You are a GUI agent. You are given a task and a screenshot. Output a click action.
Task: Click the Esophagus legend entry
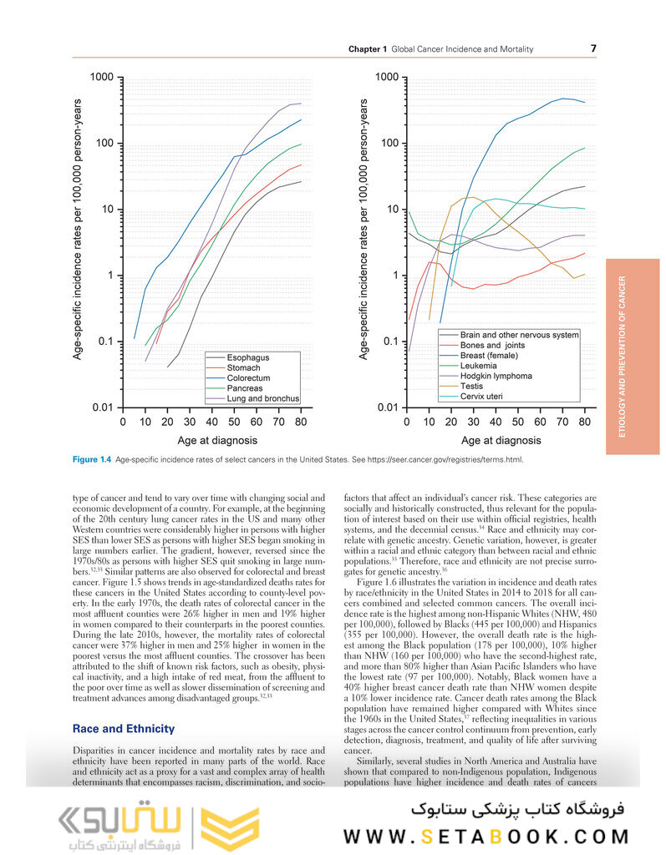tap(248, 357)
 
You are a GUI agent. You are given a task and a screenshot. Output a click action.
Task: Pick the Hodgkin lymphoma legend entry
tap(496, 376)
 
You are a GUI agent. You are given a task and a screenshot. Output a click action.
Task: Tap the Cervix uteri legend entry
tap(484, 397)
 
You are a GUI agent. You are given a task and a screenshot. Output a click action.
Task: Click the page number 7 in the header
tap(593, 48)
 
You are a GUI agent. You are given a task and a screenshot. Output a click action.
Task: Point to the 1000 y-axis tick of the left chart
tap(102, 78)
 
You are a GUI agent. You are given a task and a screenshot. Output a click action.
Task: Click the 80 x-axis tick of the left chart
tap(301, 422)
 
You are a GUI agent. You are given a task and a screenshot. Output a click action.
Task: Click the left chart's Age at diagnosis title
tap(217, 440)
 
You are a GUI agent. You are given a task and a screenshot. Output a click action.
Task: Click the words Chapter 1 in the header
tap(368, 49)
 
